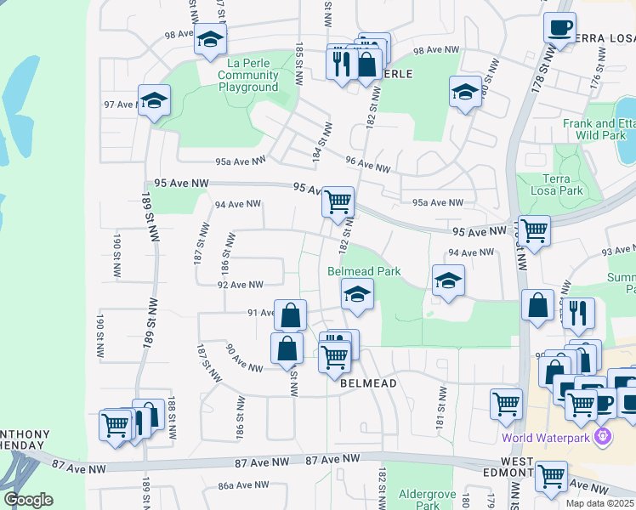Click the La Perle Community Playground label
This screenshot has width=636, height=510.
click(247, 75)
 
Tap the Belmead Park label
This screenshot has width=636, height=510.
click(364, 272)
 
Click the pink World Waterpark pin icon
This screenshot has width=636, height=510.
click(603, 438)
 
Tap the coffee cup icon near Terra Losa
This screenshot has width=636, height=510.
click(559, 28)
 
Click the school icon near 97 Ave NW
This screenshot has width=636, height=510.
click(154, 102)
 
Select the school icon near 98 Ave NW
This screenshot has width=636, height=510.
click(209, 39)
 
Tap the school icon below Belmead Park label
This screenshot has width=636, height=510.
click(357, 295)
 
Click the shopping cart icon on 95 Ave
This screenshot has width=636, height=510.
click(338, 202)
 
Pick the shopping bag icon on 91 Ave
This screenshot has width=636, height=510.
click(290, 315)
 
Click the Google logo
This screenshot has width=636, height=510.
click(28, 500)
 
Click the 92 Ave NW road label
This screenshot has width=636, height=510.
click(240, 285)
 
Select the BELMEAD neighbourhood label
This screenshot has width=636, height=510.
click(368, 383)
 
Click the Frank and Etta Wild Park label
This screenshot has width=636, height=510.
click(600, 129)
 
